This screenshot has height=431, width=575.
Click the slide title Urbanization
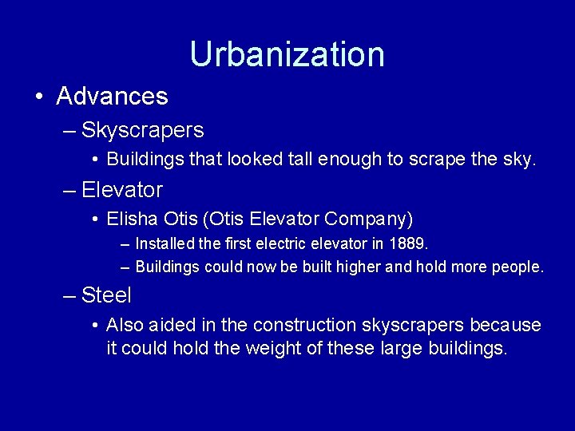click(287, 54)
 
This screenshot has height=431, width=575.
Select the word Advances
click(113, 97)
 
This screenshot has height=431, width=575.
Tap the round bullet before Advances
click(39, 97)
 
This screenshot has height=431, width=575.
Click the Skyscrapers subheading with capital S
click(143, 129)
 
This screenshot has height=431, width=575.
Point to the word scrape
click(437, 159)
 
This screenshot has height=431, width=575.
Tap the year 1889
click(410, 243)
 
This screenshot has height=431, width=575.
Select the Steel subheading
click(107, 295)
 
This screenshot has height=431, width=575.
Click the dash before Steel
click(70, 296)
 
